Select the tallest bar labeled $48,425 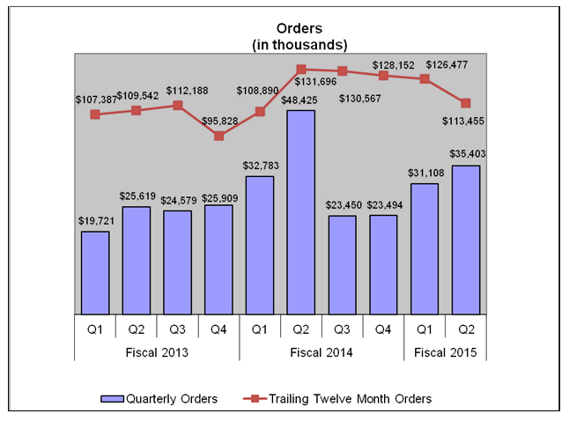pos(301,211)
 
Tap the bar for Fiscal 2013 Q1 pos(95,272)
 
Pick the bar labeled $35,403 pos(466,239)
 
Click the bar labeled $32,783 pos(260,244)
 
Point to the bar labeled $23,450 pos(343,264)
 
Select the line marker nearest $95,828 pos(219,136)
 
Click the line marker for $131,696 pos(301,69)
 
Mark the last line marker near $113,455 pos(466,103)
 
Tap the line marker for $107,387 pos(95,114)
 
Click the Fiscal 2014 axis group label pos(321,352)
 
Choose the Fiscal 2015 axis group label pos(446,352)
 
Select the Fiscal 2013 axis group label pos(157,352)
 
